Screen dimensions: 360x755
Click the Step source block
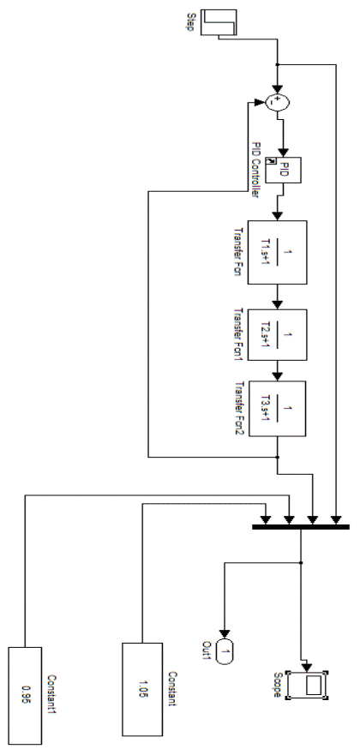click(219, 22)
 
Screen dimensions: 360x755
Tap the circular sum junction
click(278, 102)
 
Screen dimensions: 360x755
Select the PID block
click(284, 170)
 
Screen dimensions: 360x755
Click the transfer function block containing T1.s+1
click(277, 252)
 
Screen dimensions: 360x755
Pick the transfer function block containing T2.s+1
click(277, 334)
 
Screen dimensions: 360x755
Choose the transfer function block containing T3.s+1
click(277, 409)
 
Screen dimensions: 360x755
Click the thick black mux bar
click(301, 527)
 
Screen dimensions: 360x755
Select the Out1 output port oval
click(224, 651)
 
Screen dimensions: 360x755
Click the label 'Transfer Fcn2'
click(239, 410)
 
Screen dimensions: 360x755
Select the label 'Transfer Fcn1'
click(239, 334)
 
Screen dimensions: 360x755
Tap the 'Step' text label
click(190, 22)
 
